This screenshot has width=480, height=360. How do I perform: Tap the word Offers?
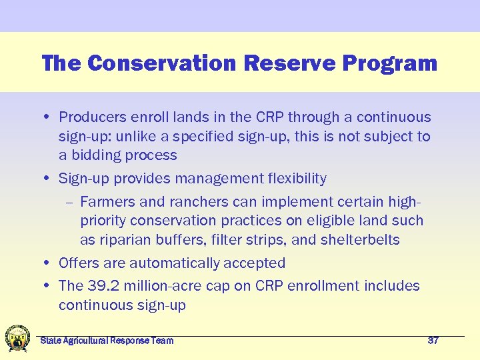coord(79,263)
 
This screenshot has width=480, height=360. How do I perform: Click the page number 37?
coord(433,341)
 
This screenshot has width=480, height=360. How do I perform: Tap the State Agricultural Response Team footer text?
coord(107,341)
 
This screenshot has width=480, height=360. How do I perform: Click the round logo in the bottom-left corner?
coord(17,338)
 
